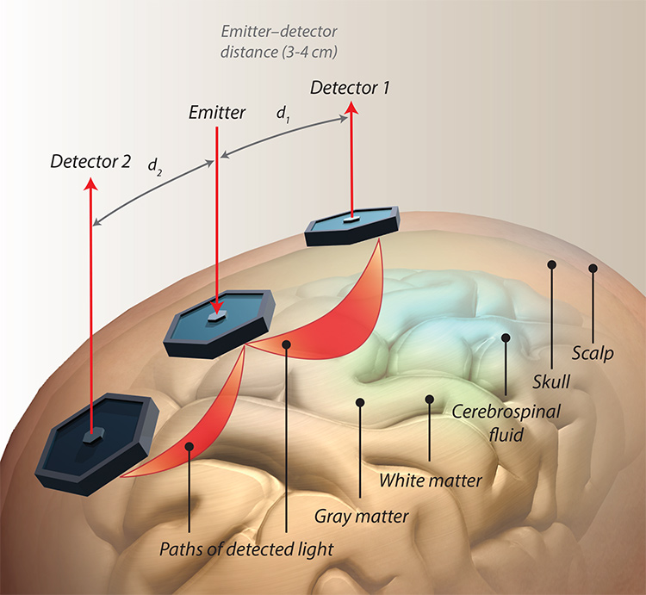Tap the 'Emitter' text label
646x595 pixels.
coord(218,112)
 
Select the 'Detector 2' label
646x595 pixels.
coord(90,160)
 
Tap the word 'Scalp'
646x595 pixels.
coord(593,353)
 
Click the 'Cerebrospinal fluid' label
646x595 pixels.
coord(506,422)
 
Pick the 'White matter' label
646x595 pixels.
coord(430,480)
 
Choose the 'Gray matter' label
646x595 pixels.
coord(362,517)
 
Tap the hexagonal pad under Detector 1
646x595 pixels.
coord(353,226)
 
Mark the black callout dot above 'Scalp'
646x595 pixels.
coord(593,269)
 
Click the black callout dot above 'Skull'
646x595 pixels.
coord(550,265)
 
